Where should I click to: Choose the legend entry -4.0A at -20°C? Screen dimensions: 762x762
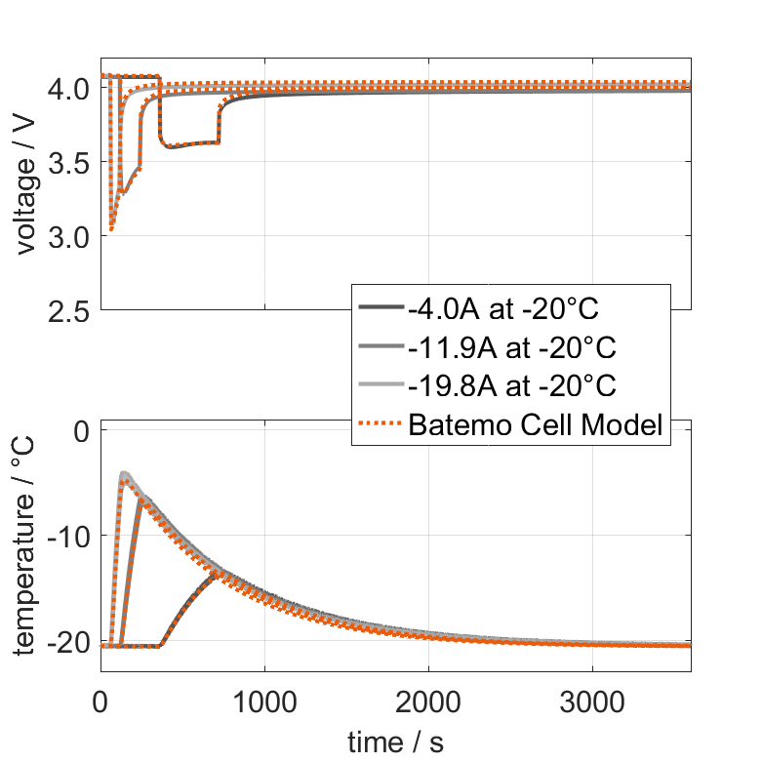502,309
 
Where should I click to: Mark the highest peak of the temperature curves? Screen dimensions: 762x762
125,474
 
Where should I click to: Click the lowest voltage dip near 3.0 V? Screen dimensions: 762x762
112,229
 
